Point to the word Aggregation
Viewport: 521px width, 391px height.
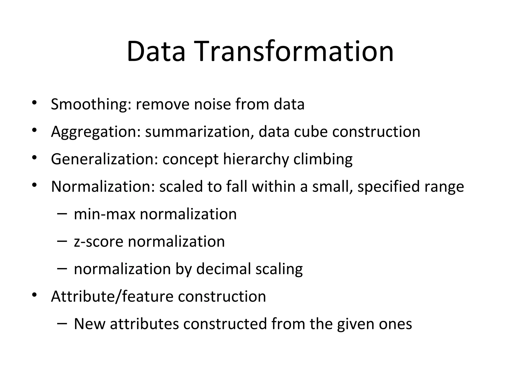96,132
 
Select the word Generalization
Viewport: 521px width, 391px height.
104,159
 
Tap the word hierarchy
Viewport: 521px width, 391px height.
256,159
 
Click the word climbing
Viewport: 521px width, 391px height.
323,159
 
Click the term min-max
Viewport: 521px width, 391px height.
104,214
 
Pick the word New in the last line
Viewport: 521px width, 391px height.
90,324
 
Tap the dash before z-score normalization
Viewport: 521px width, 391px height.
62,241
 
